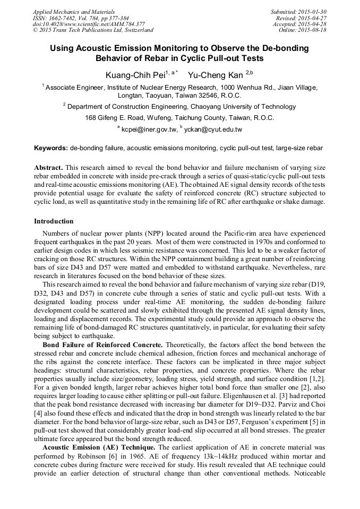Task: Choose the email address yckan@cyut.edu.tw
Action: tap(213, 129)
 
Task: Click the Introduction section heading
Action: tap(54, 221)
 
